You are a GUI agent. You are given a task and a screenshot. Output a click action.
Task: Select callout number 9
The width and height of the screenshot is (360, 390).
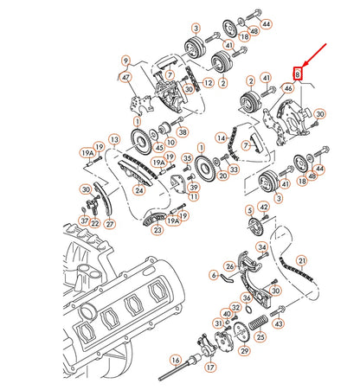coord(125,61)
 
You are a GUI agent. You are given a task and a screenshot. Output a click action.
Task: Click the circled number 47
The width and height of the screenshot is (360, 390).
coord(127,77)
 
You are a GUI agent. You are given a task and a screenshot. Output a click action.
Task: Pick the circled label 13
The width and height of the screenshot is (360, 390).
coord(114,137)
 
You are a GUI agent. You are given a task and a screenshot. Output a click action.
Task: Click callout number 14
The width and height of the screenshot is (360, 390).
coord(222,137)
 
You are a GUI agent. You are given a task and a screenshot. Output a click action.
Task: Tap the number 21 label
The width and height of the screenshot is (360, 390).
coord(301,259)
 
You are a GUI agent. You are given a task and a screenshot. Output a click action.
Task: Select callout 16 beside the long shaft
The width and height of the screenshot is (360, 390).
coord(176,361)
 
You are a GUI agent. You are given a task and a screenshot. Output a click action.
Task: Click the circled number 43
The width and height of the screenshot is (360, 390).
coord(279,323)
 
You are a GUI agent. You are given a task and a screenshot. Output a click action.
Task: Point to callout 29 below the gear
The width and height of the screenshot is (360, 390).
coord(244,351)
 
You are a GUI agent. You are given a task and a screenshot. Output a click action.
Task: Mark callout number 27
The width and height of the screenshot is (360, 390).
coord(109,223)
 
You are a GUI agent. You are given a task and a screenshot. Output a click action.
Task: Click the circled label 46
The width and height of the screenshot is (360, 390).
coord(288,88)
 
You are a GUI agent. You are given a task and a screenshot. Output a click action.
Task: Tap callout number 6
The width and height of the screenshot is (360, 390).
coord(214,274)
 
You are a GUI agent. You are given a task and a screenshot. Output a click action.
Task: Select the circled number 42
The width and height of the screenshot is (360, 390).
coord(264,208)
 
